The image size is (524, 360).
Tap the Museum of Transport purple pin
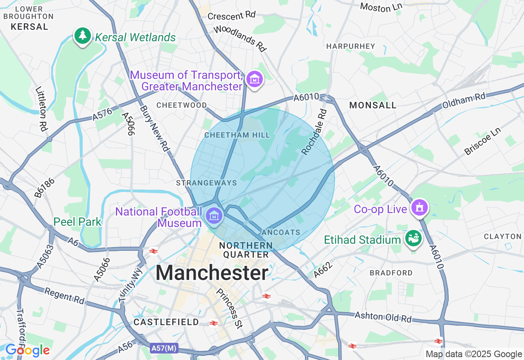pos(255,79)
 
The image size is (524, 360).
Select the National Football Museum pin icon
pos(214,215)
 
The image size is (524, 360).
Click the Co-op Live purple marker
pos(420,207)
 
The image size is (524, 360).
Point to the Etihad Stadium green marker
pos(413,238)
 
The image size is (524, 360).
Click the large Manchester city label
pos(212,273)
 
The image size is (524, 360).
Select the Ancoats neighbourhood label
pos(281,232)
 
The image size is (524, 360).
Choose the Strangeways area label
pos(206,183)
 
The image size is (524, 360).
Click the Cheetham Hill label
pos(237,135)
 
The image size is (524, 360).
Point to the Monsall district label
pos(373,105)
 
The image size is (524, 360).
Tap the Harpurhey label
pos(350,46)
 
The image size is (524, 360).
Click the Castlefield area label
pos(166,322)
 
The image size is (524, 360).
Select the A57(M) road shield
pos(164,348)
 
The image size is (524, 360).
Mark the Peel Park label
pos(77,222)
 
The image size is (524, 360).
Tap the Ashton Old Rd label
pos(383,317)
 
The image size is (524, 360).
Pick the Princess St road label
pos(230,308)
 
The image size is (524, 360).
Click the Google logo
pos(27,350)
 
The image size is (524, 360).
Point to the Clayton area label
pos(502,236)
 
